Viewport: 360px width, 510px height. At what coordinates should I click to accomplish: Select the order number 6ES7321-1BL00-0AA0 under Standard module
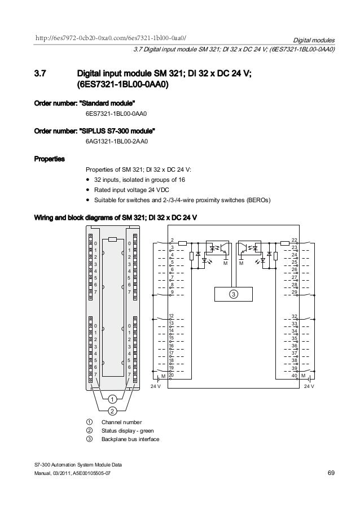[x=116, y=114]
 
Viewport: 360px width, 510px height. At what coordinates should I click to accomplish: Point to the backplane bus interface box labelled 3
[x=233, y=295]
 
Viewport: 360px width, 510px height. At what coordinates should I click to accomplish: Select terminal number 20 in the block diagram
[x=172, y=375]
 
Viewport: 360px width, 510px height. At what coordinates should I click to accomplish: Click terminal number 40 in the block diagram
[x=294, y=375]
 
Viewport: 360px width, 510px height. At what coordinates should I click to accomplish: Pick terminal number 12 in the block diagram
[x=172, y=316]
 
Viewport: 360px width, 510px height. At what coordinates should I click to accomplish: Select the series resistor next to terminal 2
[x=183, y=244]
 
